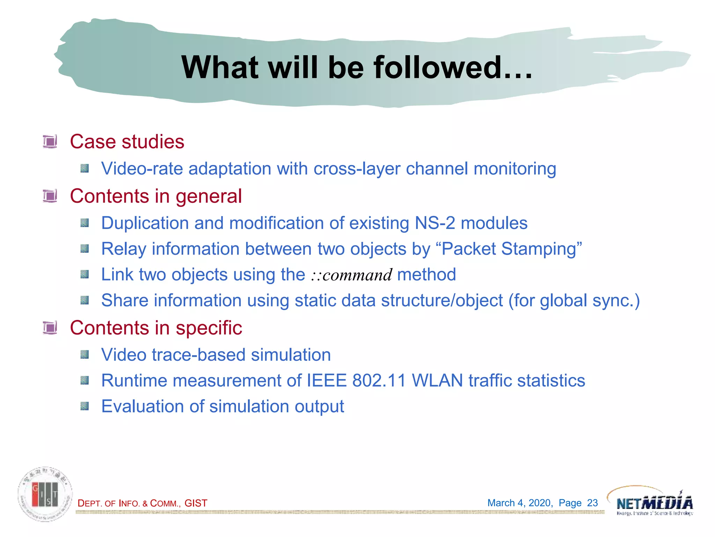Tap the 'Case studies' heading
pos(127,142)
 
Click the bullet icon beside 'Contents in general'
pos(50,196)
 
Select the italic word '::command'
pos(352,275)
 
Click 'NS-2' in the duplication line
pos(435,223)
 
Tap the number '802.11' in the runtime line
pos(379,380)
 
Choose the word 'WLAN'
pos(437,380)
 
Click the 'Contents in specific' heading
pos(156,328)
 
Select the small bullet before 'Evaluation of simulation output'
pos(84,406)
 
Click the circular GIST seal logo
pos(45,494)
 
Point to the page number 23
pos(592,503)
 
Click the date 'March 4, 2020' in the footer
pos(519,503)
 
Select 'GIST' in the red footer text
pos(196,503)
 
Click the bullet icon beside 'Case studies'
pos(50,142)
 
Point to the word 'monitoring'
pos(515,169)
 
